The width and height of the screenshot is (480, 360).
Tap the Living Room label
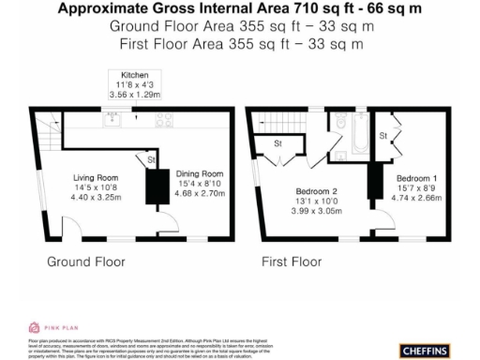(96, 176)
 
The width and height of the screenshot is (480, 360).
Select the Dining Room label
(200, 173)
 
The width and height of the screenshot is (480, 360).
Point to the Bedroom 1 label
(416, 178)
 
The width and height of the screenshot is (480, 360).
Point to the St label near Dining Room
(152, 161)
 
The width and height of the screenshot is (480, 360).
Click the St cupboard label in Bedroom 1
(383, 137)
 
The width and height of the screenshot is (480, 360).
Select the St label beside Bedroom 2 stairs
(278, 144)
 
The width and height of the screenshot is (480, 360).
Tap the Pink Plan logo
(51, 327)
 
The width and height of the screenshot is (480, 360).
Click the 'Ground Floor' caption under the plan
(85, 262)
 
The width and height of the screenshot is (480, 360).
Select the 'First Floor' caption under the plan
(292, 262)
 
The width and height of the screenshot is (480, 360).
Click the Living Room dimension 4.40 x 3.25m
(96, 198)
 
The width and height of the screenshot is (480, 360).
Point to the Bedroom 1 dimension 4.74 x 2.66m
(416, 199)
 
